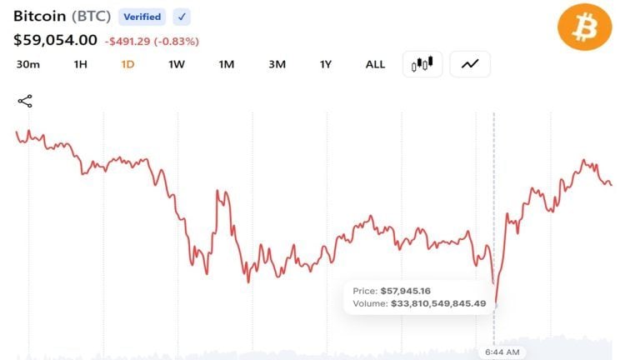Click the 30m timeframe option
(x=28, y=64)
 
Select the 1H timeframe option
(x=80, y=64)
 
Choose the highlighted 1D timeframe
(x=127, y=64)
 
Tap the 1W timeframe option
(x=177, y=64)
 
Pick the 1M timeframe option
(x=227, y=64)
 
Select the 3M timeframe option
(x=277, y=64)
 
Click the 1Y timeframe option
(x=326, y=64)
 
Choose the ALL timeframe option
(x=375, y=64)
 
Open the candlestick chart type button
(x=422, y=64)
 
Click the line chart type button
(x=470, y=64)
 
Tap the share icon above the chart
(x=25, y=101)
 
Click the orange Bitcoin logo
(x=584, y=27)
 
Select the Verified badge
(x=142, y=17)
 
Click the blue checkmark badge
(x=182, y=17)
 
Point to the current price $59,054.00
(x=56, y=40)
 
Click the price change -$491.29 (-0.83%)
(x=152, y=41)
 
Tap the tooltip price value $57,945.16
(x=406, y=291)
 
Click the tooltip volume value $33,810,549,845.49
(x=438, y=303)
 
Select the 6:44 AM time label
(x=502, y=352)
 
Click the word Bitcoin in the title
(x=40, y=17)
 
